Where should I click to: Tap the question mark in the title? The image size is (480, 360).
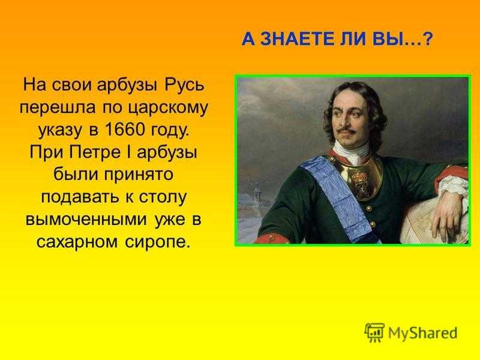tap(427, 40)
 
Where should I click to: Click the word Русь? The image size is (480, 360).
tap(184, 85)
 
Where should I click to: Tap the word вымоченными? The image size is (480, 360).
tap(86, 220)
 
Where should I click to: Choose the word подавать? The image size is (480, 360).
tap(80, 197)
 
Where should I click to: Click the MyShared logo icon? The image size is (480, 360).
tap(374, 332)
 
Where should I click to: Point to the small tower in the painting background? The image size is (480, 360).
tap(257, 192)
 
